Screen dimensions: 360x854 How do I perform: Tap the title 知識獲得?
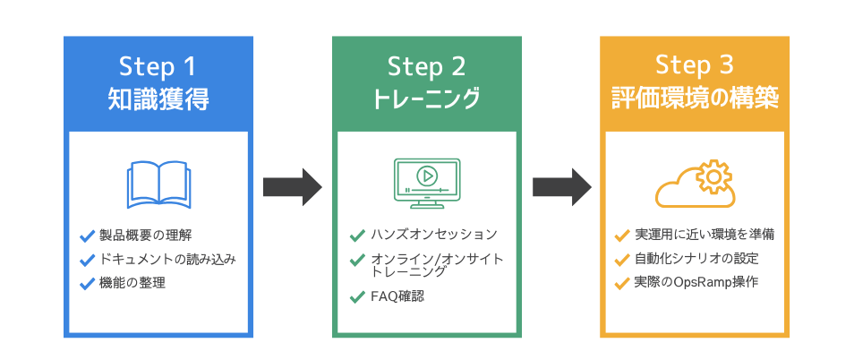point(157,99)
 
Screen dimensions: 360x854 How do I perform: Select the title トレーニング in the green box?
point(427,99)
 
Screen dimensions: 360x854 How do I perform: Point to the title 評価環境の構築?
point(695,99)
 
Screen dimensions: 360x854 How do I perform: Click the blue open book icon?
point(157,184)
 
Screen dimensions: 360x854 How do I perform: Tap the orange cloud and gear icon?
point(696,184)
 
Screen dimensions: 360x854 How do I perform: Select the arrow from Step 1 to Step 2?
point(291,186)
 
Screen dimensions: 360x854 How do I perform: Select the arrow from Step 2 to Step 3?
point(561,186)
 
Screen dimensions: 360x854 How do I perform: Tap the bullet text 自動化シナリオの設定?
point(696,260)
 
